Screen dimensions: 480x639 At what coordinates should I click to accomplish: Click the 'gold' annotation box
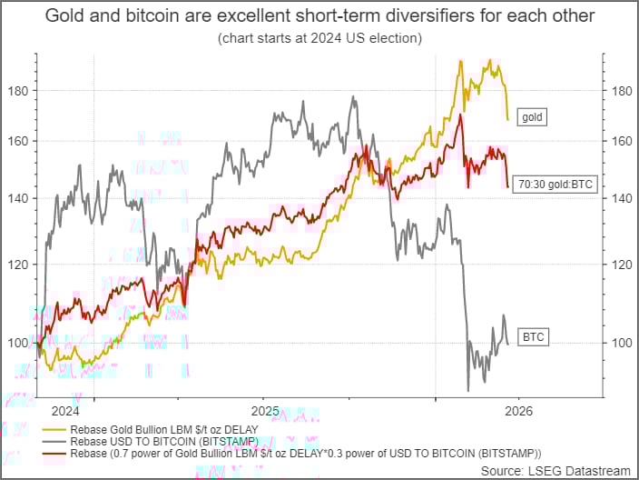point(532,117)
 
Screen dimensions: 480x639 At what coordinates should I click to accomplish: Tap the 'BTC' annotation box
point(533,337)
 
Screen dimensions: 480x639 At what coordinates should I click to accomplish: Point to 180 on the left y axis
point(20,90)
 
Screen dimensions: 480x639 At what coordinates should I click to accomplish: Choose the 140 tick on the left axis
point(20,198)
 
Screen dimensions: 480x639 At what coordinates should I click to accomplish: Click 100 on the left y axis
point(20,343)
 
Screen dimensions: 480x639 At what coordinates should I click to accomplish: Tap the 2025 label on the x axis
point(263,411)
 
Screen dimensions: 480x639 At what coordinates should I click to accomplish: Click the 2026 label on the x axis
point(519,411)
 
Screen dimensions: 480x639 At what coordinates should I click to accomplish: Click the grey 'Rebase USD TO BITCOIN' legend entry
point(155,441)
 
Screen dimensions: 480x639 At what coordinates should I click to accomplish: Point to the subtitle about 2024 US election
point(319,39)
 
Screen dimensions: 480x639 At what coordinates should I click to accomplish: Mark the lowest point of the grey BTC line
point(468,390)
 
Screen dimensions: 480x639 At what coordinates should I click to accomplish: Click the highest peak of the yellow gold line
point(490,60)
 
